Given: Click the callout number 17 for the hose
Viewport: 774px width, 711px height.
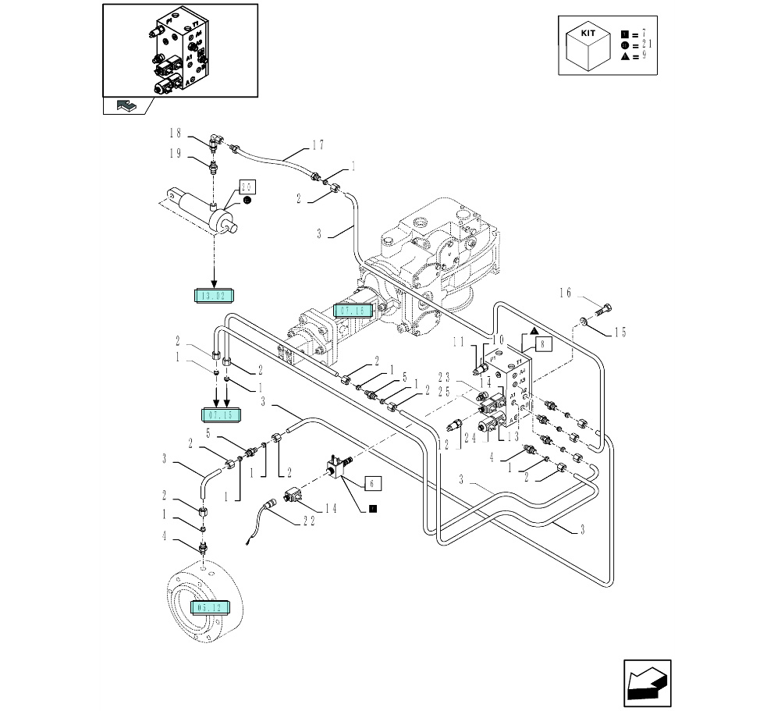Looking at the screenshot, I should click(317, 144).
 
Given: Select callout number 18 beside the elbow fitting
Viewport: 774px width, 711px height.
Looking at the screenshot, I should click(176, 133).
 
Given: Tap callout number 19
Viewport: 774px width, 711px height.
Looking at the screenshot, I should click(176, 155).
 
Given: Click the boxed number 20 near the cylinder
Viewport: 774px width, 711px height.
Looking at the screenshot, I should click(247, 187).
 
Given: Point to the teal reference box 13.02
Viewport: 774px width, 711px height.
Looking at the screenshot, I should click(213, 294).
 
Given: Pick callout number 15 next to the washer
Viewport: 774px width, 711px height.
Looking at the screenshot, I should click(620, 332).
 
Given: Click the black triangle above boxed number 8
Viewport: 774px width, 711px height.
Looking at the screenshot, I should click(533, 331).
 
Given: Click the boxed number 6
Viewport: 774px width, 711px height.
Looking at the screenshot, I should click(371, 484).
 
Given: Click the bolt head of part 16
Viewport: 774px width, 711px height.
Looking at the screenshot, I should click(607, 306).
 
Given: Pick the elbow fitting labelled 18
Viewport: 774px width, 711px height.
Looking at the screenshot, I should click(217, 143).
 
